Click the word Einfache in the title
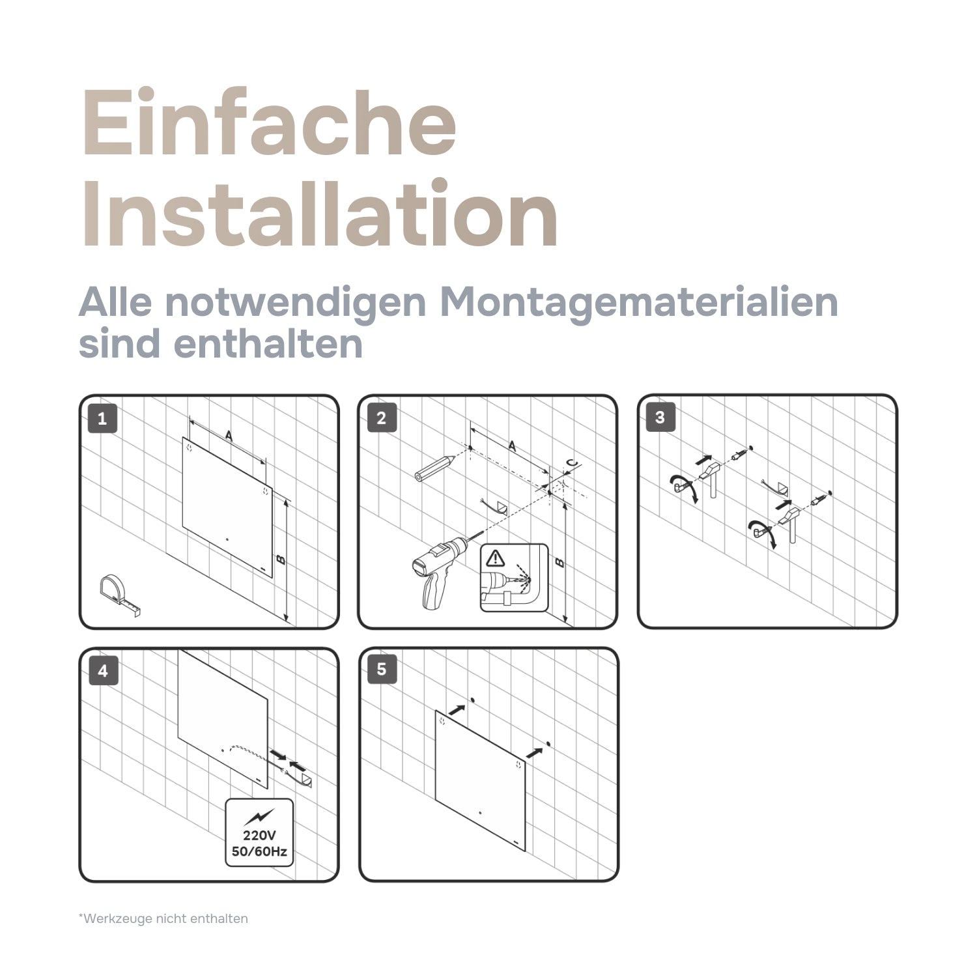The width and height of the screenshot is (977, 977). (x=268, y=124)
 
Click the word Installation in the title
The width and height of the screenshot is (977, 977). (x=319, y=215)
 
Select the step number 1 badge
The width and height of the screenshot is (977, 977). (x=102, y=418)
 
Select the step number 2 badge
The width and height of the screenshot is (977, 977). (x=382, y=418)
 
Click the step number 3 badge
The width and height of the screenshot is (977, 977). (x=660, y=418)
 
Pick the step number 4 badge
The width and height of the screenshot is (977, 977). (x=102, y=671)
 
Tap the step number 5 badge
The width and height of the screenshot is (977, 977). (x=382, y=669)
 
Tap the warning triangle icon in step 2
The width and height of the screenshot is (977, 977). (x=496, y=558)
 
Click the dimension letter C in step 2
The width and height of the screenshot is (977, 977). (x=571, y=464)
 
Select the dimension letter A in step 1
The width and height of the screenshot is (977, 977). (x=229, y=436)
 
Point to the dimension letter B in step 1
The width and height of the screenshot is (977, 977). (x=281, y=559)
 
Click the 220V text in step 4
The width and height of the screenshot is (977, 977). (x=259, y=835)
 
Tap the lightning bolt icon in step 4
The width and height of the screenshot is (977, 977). (x=259, y=816)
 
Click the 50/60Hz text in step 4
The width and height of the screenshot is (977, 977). (x=259, y=851)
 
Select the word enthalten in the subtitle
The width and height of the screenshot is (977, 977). (x=268, y=344)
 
